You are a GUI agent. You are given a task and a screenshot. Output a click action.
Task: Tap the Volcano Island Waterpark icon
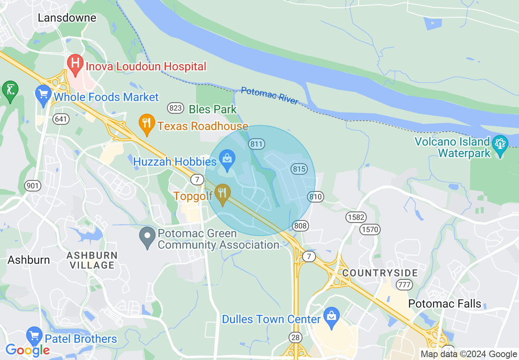pyautogui.click(x=500, y=144)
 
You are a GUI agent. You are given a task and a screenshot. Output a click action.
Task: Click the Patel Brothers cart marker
pyautogui.click(x=35, y=337)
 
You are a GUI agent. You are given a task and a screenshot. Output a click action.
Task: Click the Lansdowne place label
pyautogui.click(x=67, y=18)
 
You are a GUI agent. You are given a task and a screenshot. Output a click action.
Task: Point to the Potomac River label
pyautogui.click(x=270, y=96)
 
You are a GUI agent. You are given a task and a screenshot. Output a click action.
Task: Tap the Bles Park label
pyautogui.click(x=212, y=109)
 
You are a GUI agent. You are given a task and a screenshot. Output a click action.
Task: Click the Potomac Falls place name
pyautogui.click(x=445, y=304)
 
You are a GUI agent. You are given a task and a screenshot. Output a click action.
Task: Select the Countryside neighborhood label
pyautogui.click(x=380, y=273)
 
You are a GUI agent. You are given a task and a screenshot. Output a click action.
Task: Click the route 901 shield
pyautogui.click(x=33, y=186)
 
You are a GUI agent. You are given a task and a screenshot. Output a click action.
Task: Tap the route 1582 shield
pyautogui.click(x=356, y=217)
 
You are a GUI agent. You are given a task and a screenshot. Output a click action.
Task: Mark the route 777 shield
pyautogui.click(x=404, y=285)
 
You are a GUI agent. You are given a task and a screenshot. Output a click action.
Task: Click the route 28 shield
pyautogui.click(x=295, y=337)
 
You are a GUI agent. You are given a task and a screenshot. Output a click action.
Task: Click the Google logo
pyautogui.click(x=27, y=350)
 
